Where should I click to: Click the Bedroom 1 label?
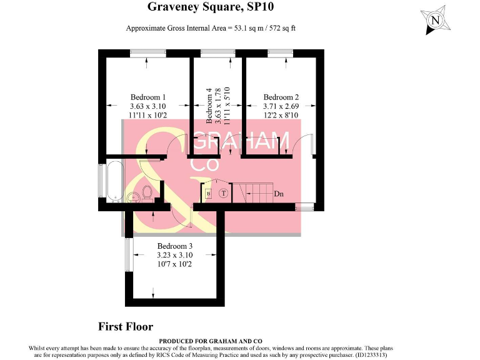[148, 97]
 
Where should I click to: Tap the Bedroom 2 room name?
[281, 97]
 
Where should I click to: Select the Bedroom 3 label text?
[174, 246]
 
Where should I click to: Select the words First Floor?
[126, 327]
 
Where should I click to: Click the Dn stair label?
[279, 194]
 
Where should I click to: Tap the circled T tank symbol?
[222, 194]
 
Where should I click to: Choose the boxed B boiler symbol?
[208, 194]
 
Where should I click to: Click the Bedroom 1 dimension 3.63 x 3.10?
[148, 106]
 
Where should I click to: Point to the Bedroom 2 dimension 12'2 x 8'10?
[281, 115]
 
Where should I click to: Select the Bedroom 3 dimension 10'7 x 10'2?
[174, 264]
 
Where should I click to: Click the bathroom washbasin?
[132, 197]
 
